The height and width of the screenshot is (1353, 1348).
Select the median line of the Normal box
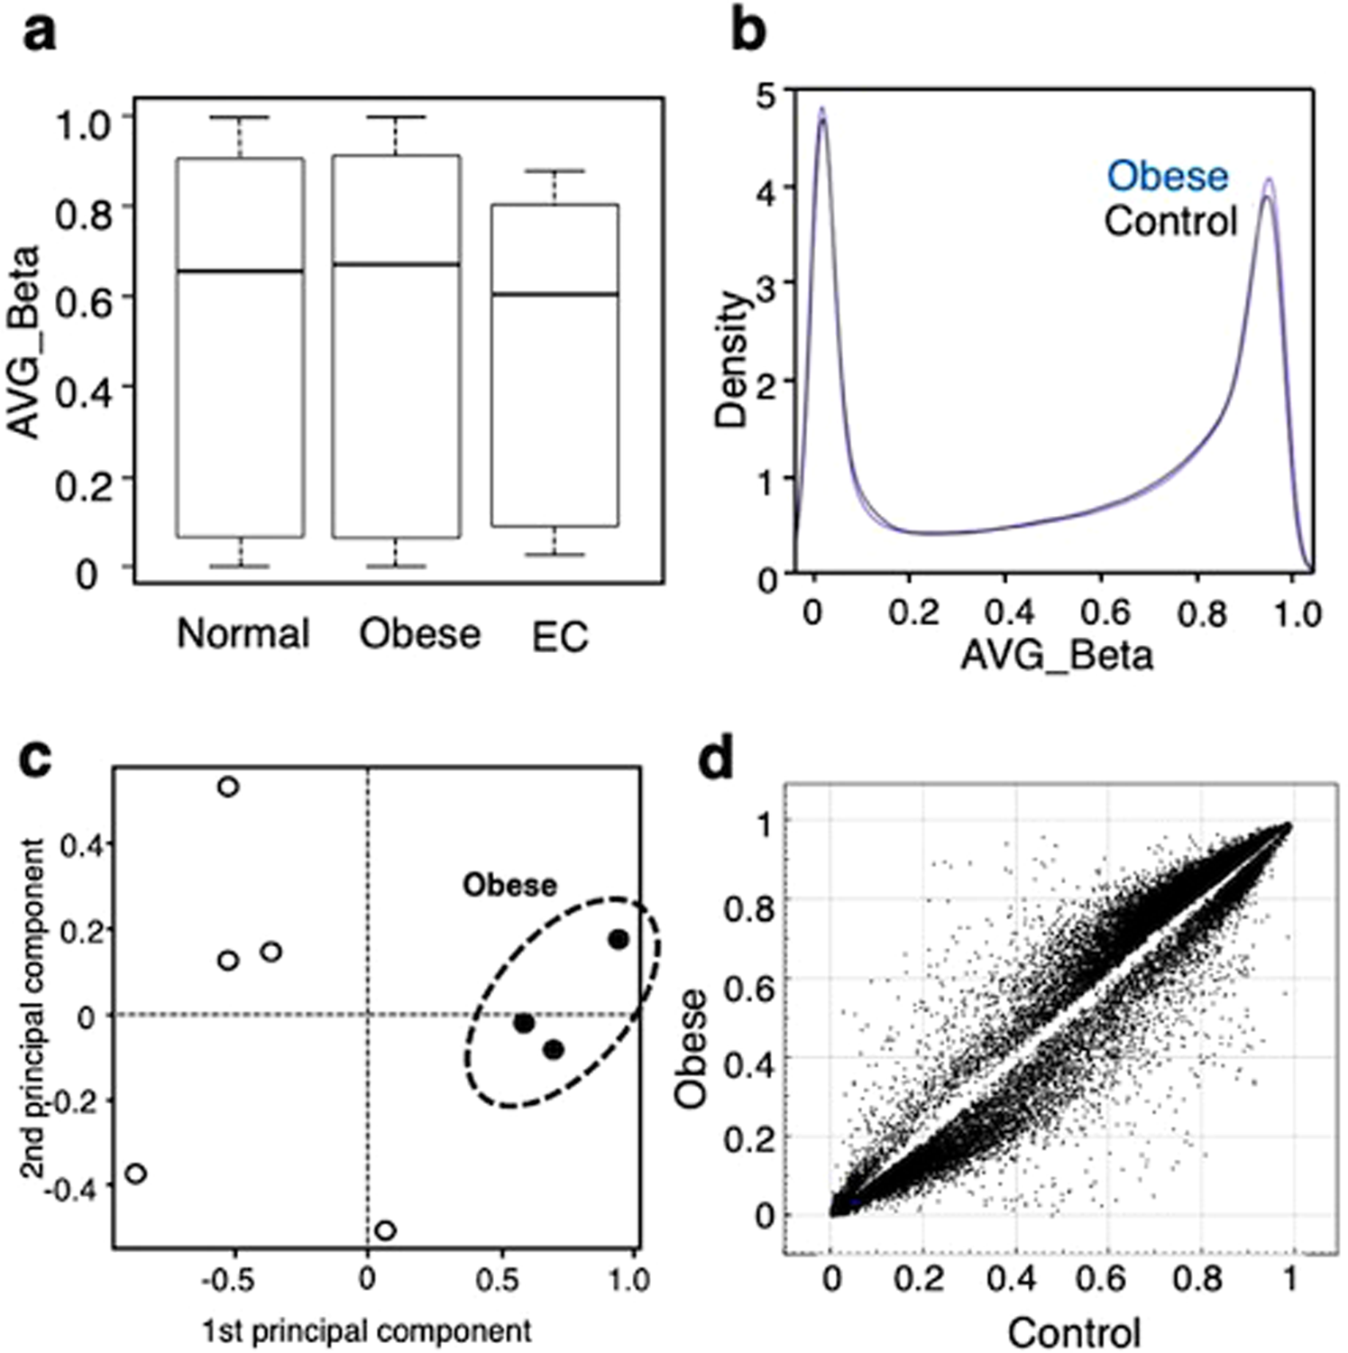point(240,271)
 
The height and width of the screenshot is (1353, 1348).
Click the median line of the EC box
point(555,294)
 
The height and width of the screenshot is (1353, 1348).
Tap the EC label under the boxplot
point(559,637)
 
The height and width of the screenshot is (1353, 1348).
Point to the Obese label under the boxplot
point(419,634)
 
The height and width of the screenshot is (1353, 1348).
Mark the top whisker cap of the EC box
point(555,170)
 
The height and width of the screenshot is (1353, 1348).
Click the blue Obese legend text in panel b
point(1167,176)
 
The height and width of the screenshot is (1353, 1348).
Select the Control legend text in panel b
point(1170,222)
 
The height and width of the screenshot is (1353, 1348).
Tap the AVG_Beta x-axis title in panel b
point(1056,654)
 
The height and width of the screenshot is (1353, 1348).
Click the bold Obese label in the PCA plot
point(509,885)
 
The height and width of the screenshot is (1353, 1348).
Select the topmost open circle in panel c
point(228,787)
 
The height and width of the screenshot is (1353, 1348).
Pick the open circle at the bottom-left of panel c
point(136,1174)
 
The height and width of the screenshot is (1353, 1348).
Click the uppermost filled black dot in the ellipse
point(618,939)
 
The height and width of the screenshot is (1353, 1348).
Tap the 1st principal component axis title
point(366,1330)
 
